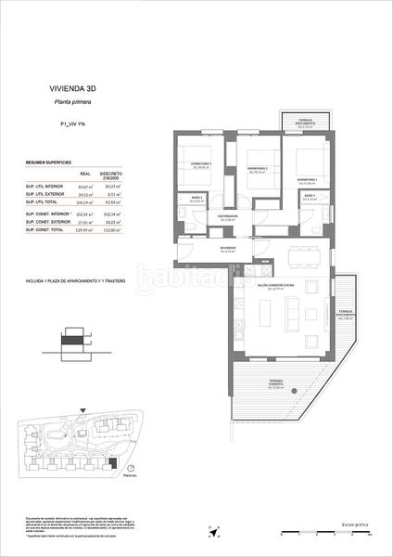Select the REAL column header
[x=85, y=173]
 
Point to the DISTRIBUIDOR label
[x=229, y=216]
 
